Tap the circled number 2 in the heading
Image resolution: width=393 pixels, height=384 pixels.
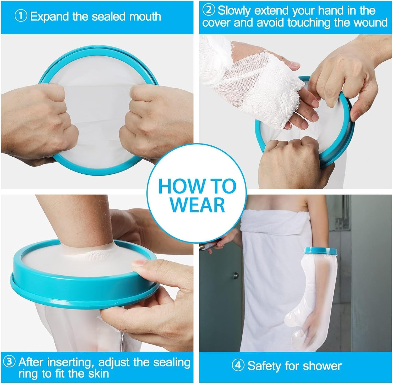click(209, 10)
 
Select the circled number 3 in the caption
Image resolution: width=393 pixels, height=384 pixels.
click(9, 363)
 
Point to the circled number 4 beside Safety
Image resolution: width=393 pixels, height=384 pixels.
click(238, 366)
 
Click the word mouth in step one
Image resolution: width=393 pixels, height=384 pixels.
click(145, 17)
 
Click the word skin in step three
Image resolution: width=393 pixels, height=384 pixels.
click(99, 373)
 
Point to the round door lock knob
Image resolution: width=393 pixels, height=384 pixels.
click(236, 275)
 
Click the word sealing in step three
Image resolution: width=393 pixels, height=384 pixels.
click(172, 363)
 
